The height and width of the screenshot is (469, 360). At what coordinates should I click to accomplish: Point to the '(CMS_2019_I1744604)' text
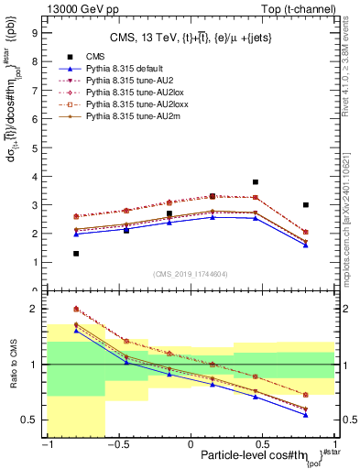point(191,273)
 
